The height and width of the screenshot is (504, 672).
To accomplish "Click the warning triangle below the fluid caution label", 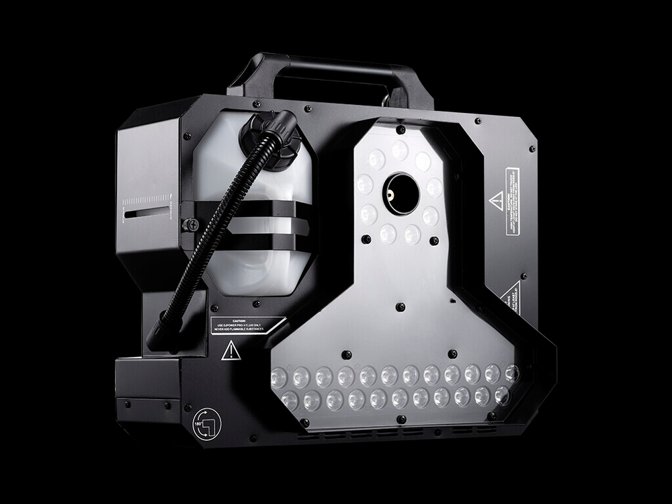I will (230, 350).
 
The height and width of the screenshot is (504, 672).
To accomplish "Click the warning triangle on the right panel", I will (497, 200).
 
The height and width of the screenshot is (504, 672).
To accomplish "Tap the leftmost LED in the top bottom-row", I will (278, 376).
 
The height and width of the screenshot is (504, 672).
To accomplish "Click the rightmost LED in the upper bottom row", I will (511, 372).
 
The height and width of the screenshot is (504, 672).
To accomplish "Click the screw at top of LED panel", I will (400, 129).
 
